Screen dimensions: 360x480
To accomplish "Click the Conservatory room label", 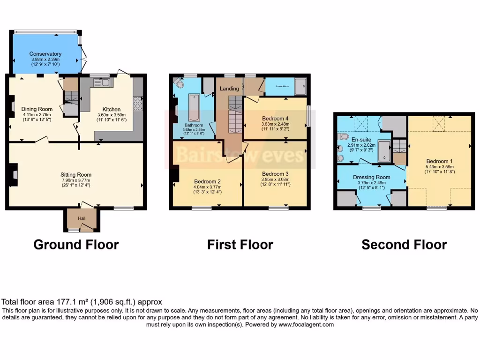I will pyautogui.click(x=45, y=54).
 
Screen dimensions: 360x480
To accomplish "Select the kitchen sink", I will pyautogui.click(x=101, y=83).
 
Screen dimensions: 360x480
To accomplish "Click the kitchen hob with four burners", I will pyautogui.click(x=137, y=103).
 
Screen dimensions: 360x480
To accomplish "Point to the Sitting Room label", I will pyautogui.click(x=75, y=174).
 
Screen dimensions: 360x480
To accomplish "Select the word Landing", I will pyautogui.click(x=229, y=89).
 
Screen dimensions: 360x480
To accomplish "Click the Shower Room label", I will pyautogui.click(x=282, y=86).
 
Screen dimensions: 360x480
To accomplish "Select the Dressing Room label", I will pyautogui.click(x=371, y=177).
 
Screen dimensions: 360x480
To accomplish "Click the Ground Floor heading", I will pyautogui.click(x=76, y=244).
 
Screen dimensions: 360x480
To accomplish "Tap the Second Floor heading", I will pyautogui.click(x=404, y=244).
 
